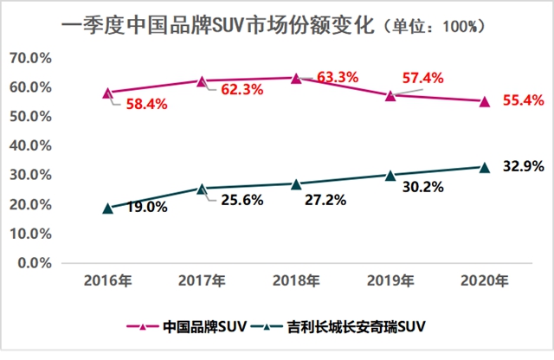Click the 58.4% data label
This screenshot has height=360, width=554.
pos(141,104)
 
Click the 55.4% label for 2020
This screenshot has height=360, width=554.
pos(523,102)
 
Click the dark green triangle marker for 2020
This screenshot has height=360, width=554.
pos(485,166)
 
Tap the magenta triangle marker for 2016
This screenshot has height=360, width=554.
pos(107,93)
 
